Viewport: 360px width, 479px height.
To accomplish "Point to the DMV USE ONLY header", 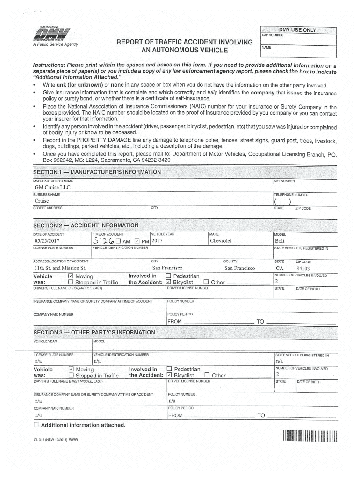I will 297,30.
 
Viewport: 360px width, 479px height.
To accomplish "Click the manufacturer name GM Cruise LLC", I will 52,188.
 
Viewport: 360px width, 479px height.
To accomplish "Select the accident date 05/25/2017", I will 47,241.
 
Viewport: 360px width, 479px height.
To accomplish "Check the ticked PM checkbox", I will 137,241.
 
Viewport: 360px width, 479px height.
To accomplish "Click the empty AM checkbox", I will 119,241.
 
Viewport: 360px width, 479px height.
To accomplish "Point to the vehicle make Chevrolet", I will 221,241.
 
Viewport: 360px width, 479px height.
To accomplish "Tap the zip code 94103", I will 303,269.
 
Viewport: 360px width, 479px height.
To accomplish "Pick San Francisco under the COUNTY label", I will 239,268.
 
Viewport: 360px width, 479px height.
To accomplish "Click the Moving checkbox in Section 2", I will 71,276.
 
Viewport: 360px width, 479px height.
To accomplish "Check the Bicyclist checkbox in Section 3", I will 169,375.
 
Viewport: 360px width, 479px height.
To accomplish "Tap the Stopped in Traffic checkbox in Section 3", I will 71,375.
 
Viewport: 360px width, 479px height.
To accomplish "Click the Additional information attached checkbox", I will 36,425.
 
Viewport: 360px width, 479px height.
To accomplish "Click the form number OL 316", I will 40,440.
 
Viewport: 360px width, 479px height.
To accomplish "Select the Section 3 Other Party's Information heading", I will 94,332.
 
